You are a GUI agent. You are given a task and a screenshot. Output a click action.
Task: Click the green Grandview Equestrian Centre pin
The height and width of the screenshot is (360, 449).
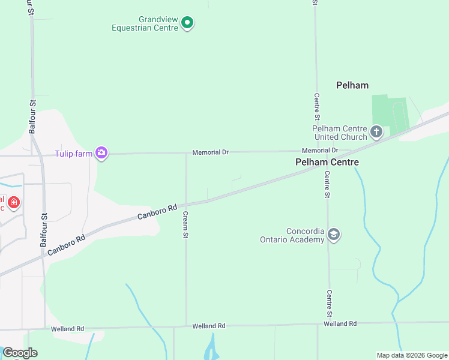point(187,23)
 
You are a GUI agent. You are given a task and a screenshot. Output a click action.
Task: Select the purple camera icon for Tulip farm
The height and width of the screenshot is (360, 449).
point(101,154)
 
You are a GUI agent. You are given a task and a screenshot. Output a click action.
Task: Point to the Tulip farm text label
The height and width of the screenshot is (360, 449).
point(74,154)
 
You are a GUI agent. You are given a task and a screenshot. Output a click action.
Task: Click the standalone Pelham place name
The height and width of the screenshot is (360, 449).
point(352,85)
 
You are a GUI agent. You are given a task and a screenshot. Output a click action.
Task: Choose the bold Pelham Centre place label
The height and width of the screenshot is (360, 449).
point(327,162)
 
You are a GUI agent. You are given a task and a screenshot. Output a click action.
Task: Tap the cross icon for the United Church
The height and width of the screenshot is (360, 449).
point(376,131)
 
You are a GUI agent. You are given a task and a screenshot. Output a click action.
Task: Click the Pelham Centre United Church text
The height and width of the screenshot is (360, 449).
point(339,133)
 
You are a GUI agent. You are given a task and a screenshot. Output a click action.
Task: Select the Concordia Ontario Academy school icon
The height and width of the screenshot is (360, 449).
point(334,235)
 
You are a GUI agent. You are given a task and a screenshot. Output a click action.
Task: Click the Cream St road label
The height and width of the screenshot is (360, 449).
point(186,224)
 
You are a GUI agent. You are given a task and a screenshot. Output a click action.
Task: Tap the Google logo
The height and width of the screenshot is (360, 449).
point(20,353)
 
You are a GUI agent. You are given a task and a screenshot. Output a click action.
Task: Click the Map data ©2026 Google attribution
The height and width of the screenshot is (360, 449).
point(411,355)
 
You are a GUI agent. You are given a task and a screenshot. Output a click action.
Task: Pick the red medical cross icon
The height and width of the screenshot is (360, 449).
point(13,203)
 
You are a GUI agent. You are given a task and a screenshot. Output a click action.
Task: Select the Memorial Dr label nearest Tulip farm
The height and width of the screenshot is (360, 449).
point(210,152)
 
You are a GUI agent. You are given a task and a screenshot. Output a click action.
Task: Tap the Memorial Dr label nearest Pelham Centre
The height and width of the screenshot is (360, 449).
point(320,150)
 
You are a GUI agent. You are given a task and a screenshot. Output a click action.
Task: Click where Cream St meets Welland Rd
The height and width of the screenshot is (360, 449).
point(186,326)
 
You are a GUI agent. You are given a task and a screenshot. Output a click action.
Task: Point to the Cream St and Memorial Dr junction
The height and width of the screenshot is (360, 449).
point(186,153)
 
